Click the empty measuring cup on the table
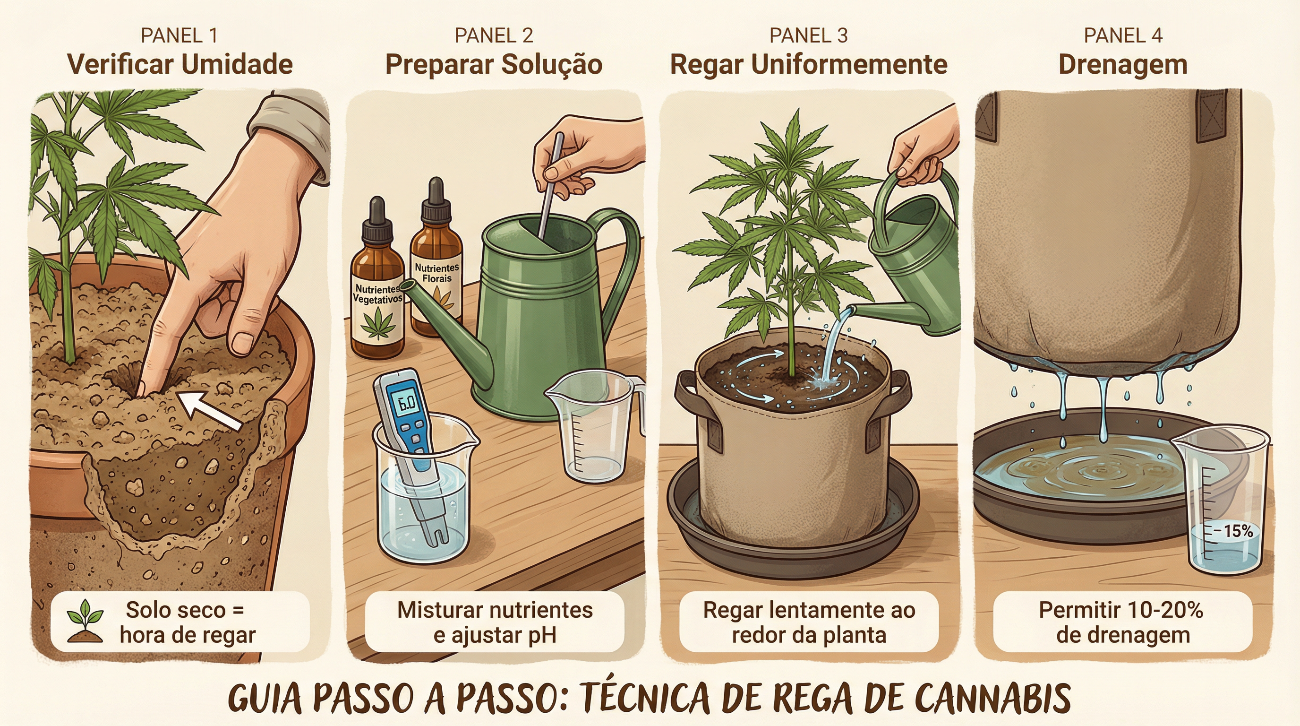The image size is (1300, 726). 593,427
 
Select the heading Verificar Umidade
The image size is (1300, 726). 180,65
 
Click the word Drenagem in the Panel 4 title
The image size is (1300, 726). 1123,65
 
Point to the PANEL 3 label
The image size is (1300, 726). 808,35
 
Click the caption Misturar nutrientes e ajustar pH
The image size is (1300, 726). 495,622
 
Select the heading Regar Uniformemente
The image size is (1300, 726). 808,65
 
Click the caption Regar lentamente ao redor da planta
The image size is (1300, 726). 808,622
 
